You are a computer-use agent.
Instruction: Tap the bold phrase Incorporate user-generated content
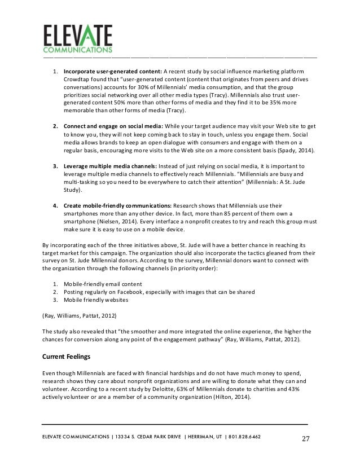tap(112, 72)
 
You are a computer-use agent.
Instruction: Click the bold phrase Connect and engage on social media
tap(113, 127)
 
